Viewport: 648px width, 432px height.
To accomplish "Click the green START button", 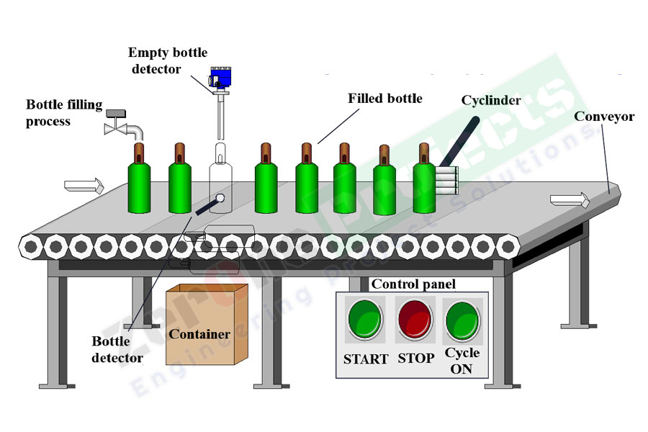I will coord(366,320).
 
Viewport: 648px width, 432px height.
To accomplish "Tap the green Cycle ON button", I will coord(462,320).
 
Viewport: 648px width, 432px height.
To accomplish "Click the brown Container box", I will coord(207,325).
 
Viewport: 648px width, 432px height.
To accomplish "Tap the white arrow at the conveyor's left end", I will coord(84,186).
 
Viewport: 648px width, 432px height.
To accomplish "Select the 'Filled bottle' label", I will coord(384,98).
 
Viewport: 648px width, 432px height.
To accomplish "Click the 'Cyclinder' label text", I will coord(491,100).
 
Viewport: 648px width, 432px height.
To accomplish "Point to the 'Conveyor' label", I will coord(603,117).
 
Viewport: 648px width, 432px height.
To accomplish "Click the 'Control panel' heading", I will coord(413,284).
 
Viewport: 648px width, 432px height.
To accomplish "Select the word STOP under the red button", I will coord(416,359).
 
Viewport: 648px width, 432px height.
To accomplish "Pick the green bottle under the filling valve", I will coord(140,184).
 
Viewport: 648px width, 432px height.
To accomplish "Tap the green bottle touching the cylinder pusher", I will coord(424,184).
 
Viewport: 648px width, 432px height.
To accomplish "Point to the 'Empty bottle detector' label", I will coord(167,60).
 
